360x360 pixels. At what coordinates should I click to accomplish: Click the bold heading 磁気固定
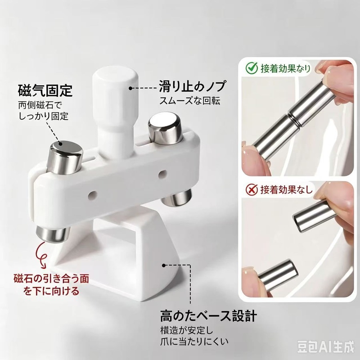pyautogui.click(x=45, y=91)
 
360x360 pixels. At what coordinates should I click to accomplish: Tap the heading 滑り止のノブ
pyautogui.click(x=192, y=86)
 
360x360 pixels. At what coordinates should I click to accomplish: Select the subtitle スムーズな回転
pyautogui.click(x=190, y=101)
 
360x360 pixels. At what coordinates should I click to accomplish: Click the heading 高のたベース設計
pyautogui.click(x=208, y=316)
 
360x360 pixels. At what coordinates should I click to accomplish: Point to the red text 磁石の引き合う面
pyautogui.click(x=51, y=279)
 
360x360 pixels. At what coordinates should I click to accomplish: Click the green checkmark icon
pyautogui.click(x=252, y=68)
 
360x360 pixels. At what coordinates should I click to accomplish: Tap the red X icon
pyautogui.click(x=252, y=190)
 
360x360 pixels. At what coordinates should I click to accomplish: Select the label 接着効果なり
pyautogui.click(x=285, y=68)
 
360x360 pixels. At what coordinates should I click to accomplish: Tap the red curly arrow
pyautogui.click(x=43, y=254)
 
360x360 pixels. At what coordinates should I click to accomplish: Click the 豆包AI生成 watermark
pyautogui.click(x=325, y=347)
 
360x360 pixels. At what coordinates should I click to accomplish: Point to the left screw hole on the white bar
pyautogui.click(x=93, y=195)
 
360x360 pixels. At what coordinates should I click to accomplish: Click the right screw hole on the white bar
pyautogui.click(x=162, y=174)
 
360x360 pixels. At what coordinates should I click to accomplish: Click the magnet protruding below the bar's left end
pyautogui.click(x=53, y=234)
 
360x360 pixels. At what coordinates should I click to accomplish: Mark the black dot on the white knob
pyautogui.click(x=130, y=88)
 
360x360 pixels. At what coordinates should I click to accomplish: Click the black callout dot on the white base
pyautogui.click(x=164, y=266)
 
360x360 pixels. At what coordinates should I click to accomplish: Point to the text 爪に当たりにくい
pyautogui.click(x=194, y=342)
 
